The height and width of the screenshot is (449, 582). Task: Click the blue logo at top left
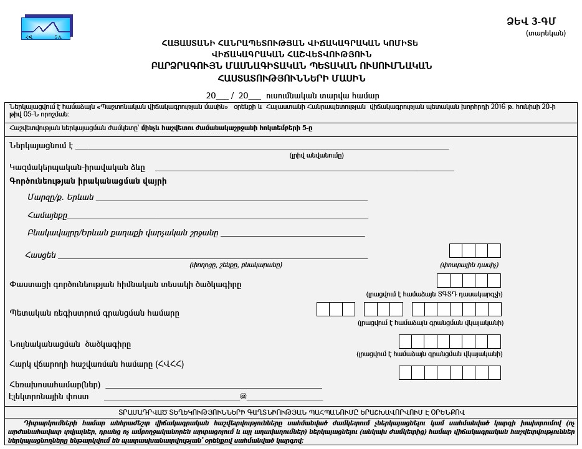tap(47, 28)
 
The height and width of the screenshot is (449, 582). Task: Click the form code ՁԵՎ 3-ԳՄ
tap(536, 21)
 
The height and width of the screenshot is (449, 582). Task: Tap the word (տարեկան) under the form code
tap(546, 33)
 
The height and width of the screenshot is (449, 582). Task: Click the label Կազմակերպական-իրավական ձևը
tap(77, 167)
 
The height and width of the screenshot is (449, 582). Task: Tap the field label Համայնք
tap(47, 215)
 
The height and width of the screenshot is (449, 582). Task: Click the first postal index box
tap(456, 251)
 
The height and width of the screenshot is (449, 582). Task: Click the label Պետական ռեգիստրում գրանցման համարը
tap(94, 313)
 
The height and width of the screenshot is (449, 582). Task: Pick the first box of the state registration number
tap(323, 309)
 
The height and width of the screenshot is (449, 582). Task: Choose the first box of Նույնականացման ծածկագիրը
tap(405, 341)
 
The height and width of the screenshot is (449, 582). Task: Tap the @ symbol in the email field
tap(243, 396)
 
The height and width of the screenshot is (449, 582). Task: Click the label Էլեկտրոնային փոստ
tap(49, 396)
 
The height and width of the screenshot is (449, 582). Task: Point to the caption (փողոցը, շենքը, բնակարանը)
tap(236, 265)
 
